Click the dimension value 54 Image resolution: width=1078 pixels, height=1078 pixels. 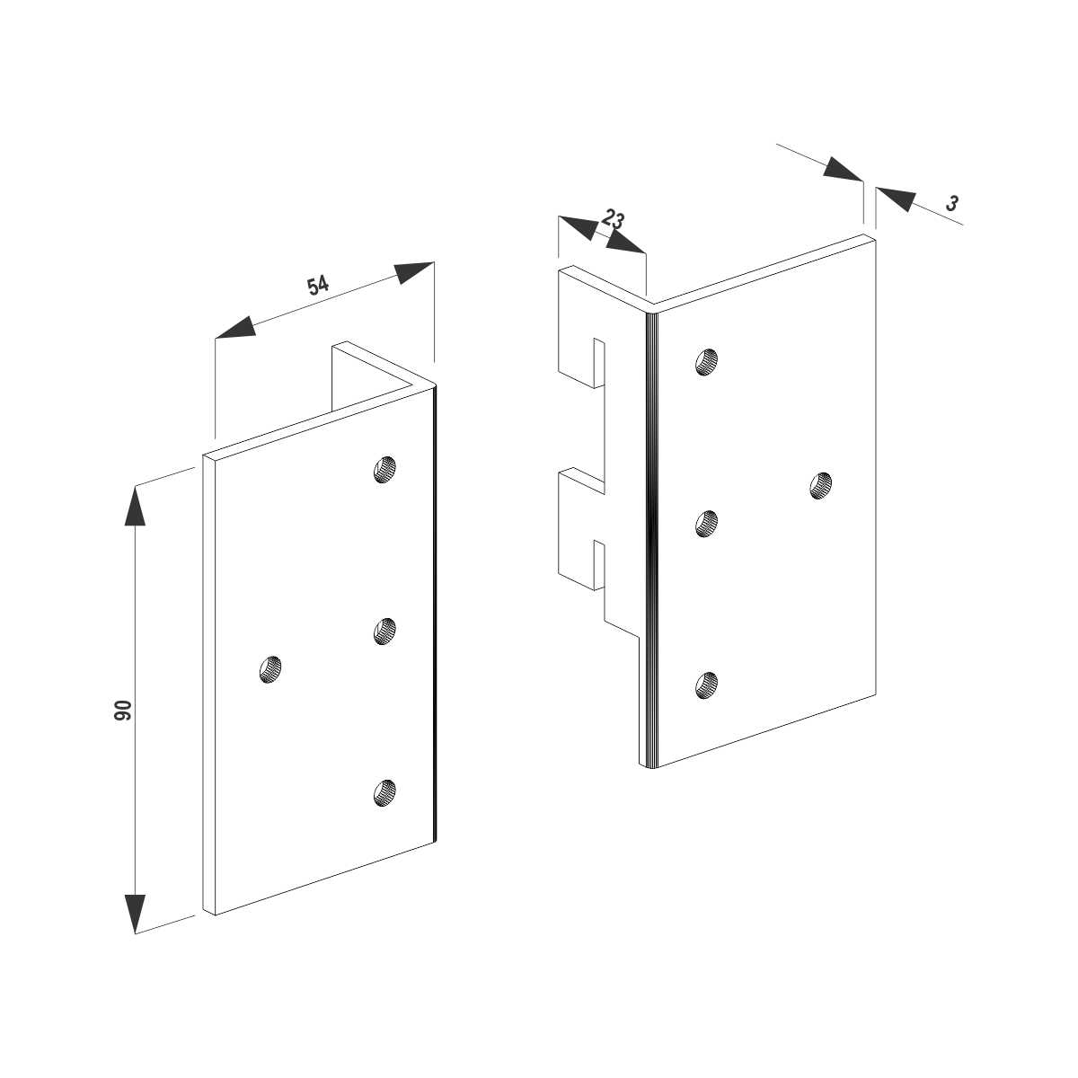pos(317,285)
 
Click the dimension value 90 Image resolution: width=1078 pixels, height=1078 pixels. pos(122,710)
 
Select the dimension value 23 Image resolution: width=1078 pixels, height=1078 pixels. pos(614,218)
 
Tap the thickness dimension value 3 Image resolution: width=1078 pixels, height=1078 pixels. pos(952,203)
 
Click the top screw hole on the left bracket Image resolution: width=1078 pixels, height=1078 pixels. pos(384,469)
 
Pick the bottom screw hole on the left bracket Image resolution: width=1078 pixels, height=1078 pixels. pos(384,792)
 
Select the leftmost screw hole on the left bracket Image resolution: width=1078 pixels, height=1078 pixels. pos(270,669)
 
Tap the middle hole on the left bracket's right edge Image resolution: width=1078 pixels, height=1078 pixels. pos(384,631)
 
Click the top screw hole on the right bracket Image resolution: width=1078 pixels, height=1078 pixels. pos(707,361)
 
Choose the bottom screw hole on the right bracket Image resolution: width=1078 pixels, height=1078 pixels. pos(707,685)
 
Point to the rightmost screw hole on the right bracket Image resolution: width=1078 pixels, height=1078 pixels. pos(821,485)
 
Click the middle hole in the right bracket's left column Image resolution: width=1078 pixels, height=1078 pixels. pos(707,524)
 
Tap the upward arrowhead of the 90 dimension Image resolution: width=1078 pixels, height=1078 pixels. pos(135,505)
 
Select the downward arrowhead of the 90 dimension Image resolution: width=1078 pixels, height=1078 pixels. pos(135,913)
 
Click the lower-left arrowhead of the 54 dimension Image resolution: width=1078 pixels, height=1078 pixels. pos(236,329)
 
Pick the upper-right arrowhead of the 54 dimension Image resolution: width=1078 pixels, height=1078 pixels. pos(413,272)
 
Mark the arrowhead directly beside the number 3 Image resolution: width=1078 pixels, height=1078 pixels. pos(896,199)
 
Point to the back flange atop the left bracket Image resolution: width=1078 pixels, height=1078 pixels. pos(370,376)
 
